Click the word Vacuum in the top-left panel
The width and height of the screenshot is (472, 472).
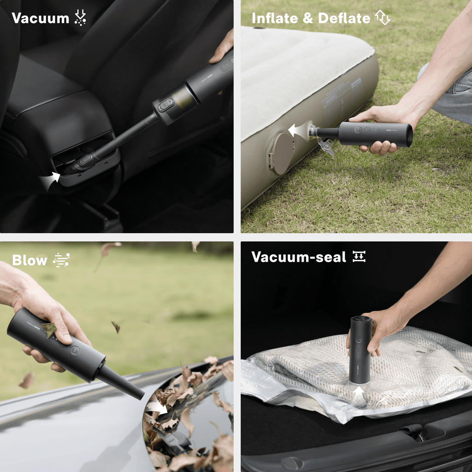point(40,18)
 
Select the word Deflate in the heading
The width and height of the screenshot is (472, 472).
point(344,18)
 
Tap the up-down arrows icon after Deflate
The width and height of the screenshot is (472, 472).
point(383,18)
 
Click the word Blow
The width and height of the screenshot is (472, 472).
point(29,260)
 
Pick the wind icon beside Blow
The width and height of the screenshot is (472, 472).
point(61,260)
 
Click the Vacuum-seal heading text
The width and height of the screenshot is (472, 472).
point(298,257)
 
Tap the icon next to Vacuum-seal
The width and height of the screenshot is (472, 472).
point(359,257)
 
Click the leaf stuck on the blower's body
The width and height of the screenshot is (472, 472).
point(49,329)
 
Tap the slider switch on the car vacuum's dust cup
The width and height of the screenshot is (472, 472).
point(165,105)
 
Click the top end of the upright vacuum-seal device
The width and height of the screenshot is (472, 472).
point(360,319)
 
